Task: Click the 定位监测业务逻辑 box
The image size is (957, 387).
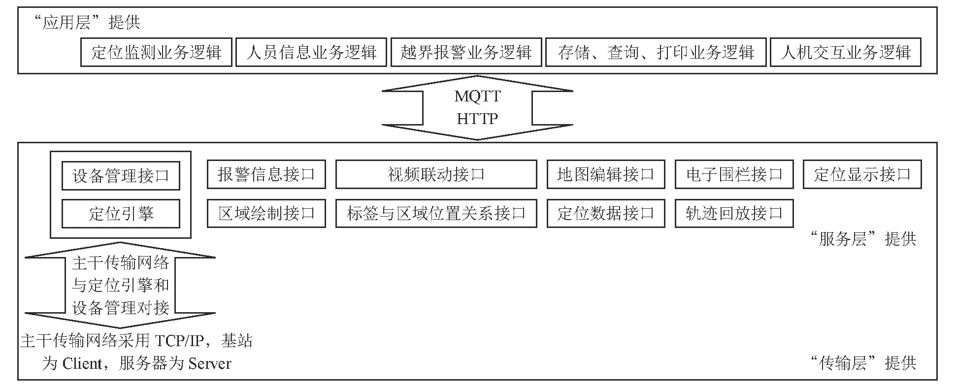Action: tap(156, 52)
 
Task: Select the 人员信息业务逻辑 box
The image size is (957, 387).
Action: tap(311, 52)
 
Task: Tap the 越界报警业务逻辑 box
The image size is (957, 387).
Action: tap(466, 52)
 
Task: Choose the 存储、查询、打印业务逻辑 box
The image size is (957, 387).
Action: tap(656, 52)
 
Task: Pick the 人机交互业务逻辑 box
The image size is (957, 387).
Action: tap(845, 52)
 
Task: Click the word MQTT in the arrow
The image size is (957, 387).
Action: tap(477, 96)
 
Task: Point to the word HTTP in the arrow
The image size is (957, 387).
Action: tap(477, 119)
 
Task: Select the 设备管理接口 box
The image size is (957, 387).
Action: tap(121, 176)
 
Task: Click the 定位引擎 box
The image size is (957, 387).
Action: tap(121, 214)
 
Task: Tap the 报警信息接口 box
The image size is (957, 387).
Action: tap(266, 174)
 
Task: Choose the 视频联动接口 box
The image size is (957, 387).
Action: tap(436, 174)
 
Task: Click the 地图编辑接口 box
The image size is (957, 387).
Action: tap(606, 174)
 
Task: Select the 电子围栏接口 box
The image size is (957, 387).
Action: tap(734, 174)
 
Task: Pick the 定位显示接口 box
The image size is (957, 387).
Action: tap(862, 174)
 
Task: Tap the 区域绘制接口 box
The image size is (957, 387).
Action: tap(266, 213)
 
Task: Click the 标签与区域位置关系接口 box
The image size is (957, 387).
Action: tap(436, 213)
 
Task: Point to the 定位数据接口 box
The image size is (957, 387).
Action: tap(606, 213)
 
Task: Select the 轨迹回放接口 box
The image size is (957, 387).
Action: tap(734, 213)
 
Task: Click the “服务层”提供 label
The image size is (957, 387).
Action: tap(863, 239)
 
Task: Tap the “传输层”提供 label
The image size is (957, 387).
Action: tap(863, 363)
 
